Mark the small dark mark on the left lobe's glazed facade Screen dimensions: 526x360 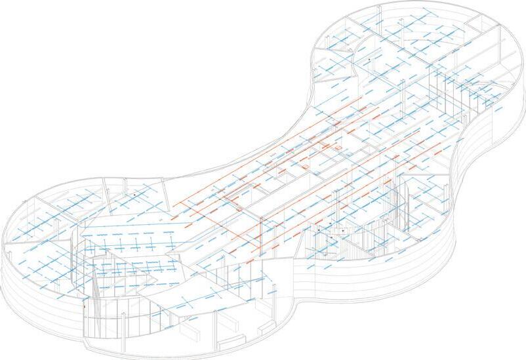(86, 306)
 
